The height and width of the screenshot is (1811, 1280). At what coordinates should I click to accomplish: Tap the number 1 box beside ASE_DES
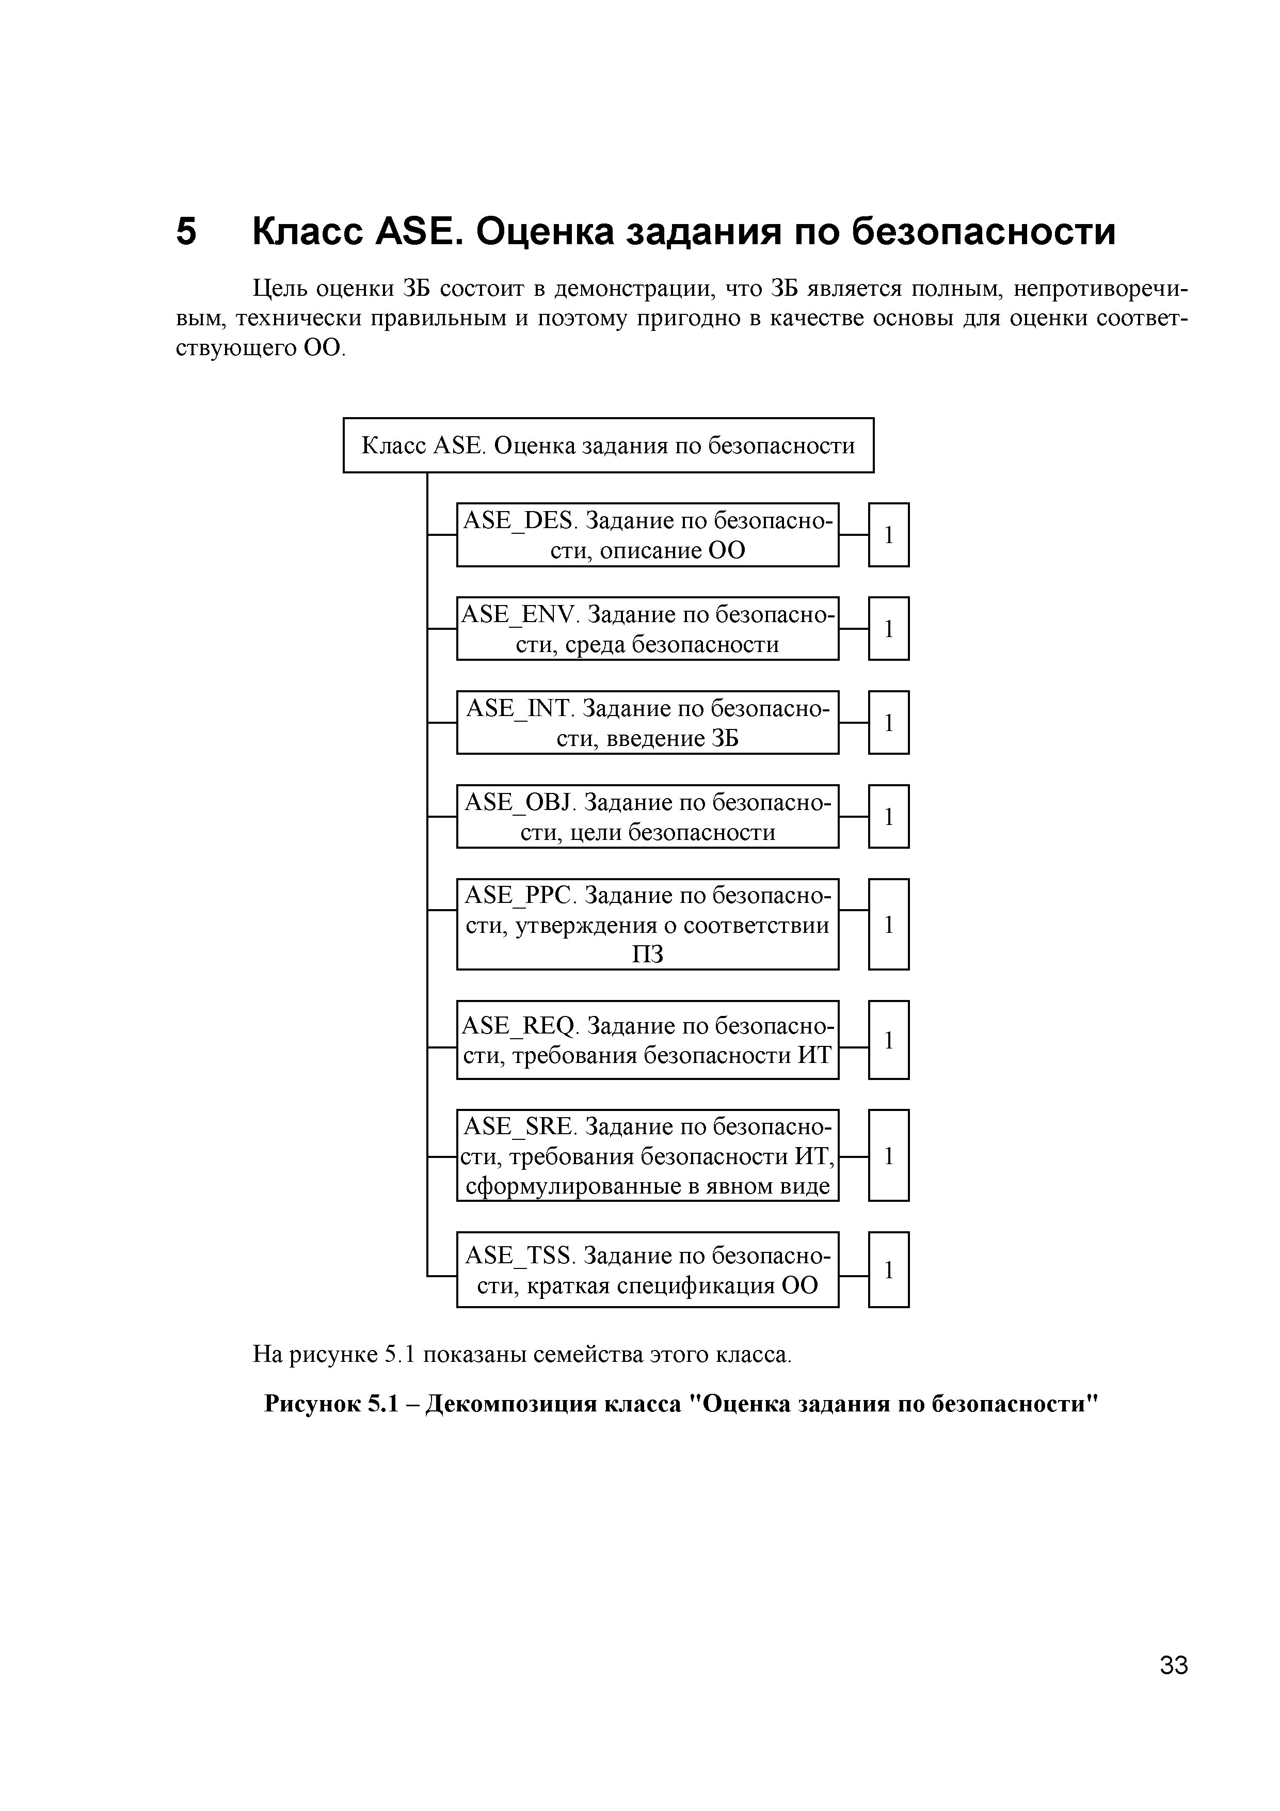[x=889, y=535]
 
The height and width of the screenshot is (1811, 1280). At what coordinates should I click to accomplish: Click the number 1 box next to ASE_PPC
[x=889, y=925]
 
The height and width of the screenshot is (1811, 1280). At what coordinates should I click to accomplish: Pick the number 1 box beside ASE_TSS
[x=889, y=1270]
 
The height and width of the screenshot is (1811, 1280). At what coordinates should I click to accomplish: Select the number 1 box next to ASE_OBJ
[x=889, y=816]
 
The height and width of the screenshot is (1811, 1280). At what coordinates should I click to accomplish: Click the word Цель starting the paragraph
[x=278, y=290]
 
